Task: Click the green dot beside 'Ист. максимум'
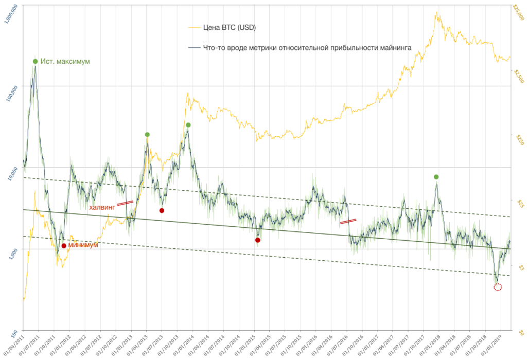[36, 61]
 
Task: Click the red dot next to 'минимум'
[64, 246]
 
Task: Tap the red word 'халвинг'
[102, 207]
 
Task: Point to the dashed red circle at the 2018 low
[497, 287]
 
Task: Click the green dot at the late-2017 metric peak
[436, 177]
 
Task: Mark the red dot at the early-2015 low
[258, 240]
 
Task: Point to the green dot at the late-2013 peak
[188, 125]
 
